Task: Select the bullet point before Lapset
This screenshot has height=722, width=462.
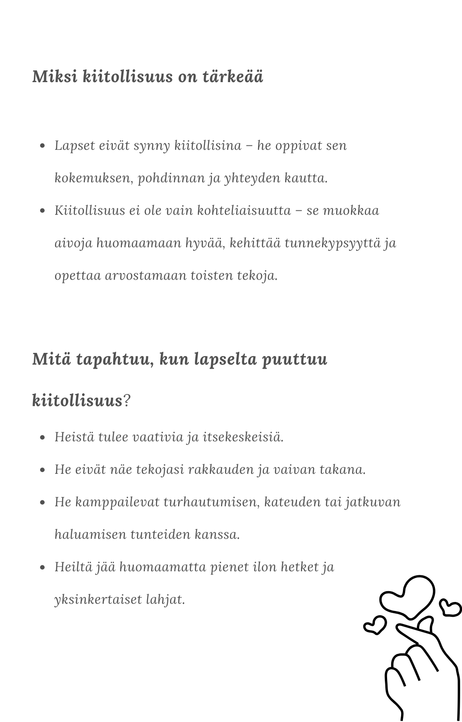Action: (43, 146)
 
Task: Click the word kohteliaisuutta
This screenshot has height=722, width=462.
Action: (244, 211)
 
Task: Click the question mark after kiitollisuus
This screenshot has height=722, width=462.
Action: (127, 400)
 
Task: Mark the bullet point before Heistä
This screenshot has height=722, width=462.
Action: (43, 437)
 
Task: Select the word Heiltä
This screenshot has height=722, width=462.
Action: (73, 567)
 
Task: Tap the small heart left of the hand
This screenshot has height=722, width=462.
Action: (374, 625)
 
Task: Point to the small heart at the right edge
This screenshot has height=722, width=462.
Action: (450, 607)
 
